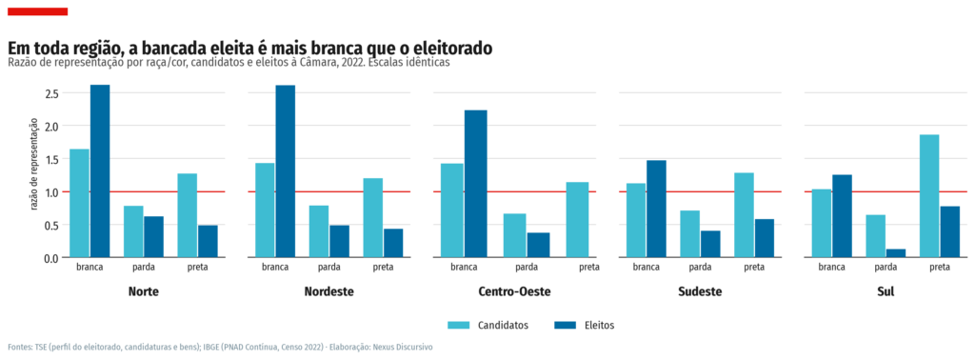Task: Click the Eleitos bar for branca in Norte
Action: pos(100,171)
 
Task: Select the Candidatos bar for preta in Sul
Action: pos(930,196)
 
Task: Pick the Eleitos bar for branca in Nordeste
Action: pos(286,171)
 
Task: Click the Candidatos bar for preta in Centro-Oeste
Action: pos(578,219)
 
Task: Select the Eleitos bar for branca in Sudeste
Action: pos(656,209)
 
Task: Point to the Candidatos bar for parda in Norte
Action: pos(133,231)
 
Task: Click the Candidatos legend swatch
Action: pos(460,325)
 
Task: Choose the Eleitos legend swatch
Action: pos(564,325)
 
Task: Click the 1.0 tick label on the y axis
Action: pos(51,191)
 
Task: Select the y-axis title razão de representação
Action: pos(35,164)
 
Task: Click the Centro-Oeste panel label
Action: pos(515,291)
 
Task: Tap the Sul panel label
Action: pos(885,291)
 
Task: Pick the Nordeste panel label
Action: pos(328,291)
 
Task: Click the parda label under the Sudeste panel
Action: pos(700,268)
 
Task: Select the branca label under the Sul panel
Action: pos(831,268)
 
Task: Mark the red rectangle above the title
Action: pos(37,11)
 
